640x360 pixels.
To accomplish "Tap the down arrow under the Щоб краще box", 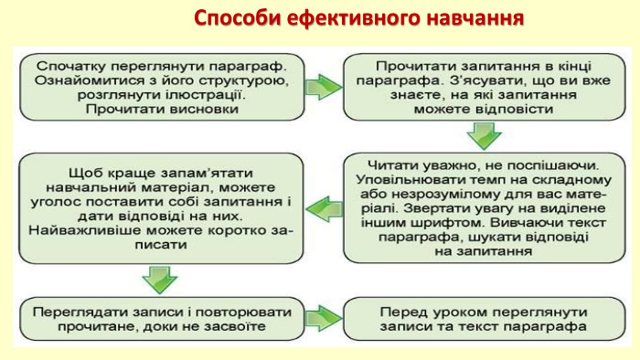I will click(x=160, y=277).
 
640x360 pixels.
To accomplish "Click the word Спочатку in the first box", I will click(x=70, y=66).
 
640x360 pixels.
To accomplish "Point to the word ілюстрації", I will click(x=252, y=95).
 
